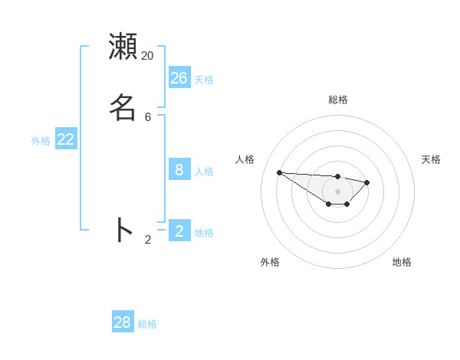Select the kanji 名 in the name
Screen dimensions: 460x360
[x=123, y=107]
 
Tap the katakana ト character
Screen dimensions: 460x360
[x=123, y=230]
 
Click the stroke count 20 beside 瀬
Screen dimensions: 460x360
[x=147, y=56]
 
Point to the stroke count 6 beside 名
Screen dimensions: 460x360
[x=148, y=117]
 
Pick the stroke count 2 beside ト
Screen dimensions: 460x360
[x=148, y=240]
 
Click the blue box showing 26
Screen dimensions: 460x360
[x=179, y=78]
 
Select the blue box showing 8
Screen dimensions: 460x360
[x=179, y=170]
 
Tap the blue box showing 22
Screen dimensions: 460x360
[x=66, y=139]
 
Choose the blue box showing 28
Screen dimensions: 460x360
[x=123, y=322]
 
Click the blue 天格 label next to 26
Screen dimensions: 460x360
[x=204, y=80]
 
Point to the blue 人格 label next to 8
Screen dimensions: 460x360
[x=204, y=172]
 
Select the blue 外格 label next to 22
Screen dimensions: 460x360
[x=41, y=141]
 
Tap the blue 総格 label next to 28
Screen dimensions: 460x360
[x=147, y=324]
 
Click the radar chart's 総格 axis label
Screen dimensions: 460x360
[x=338, y=100]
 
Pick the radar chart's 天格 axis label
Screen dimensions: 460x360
[x=431, y=159]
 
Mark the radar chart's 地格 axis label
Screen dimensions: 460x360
[x=402, y=262]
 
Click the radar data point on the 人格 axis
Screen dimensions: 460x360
[x=279, y=172]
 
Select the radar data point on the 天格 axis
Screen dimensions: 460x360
[x=367, y=182]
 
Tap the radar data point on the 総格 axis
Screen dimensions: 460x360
[x=338, y=177]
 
